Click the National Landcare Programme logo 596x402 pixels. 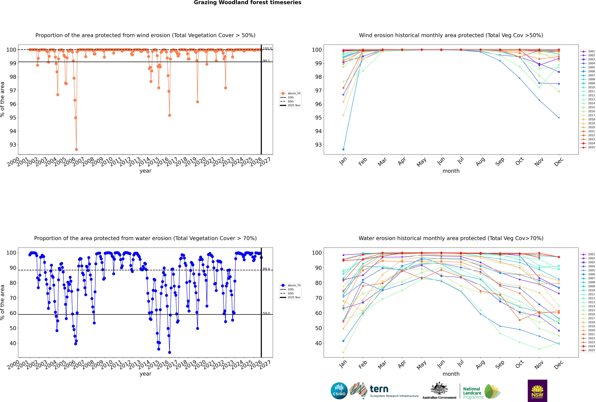pos(481,392)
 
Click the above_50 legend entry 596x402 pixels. pos(294,93)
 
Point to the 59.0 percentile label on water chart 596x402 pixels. pos(266,313)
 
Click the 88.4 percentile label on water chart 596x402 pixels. pos(266,269)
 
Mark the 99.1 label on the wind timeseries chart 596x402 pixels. pos(266,61)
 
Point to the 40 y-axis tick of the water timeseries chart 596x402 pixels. pos(13,343)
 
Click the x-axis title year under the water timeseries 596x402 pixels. pos(146,374)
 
